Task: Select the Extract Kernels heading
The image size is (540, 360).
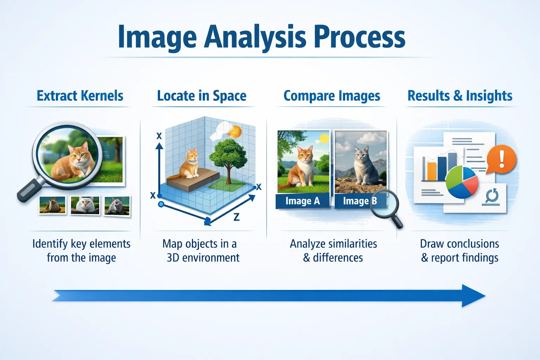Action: pyautogui.click(x=80, y=96)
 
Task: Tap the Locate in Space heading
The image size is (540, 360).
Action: pyautogui.click(x=201, y=96)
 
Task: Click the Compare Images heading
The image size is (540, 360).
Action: pyautogui.click(x=332, y=96)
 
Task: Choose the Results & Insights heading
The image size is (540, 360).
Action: pyautogui.click(x=459, y=96)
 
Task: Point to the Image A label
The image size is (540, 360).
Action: pyautogui.click(x=302, y=201)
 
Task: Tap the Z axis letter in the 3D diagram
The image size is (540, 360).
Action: pyautogui.click(x=237, y=217)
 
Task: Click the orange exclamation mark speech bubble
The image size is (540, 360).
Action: pyautogui.click(x=502, y=159)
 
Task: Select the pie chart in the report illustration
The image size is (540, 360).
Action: pyautogui.click(x=462, y=182)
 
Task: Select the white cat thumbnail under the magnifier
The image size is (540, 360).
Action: pyautogui.click(x=85, y=205)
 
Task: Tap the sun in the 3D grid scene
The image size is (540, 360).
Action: pyautogui.click(x=234, y=132)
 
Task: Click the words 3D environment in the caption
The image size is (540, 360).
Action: pyautogui.click(x=203, y=258)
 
